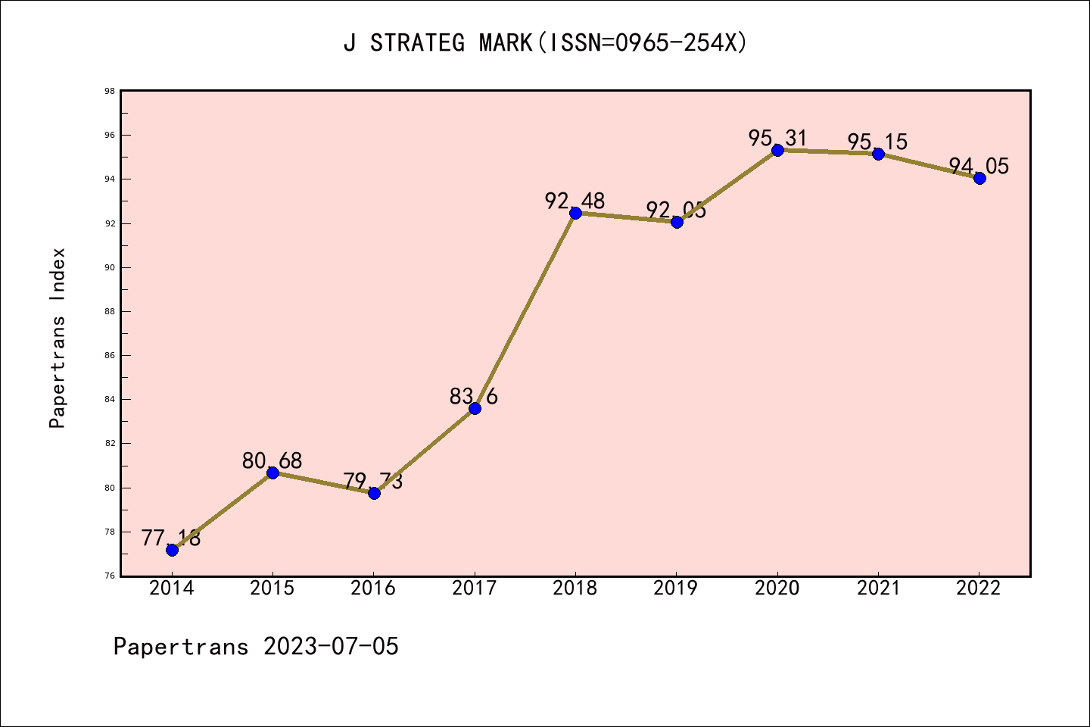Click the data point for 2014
[172, 550]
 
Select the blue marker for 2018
[575, 213]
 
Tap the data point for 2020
[777, 150]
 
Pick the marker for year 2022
[979, 178]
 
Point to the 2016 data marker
[374, 493]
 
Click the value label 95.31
[777, 139]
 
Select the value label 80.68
[272, 460]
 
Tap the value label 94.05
[979, 166]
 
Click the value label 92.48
[575, 201]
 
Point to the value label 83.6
[474, 396]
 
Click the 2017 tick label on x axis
[475, 588]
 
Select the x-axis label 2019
[676, 588]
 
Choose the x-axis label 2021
[878, 588]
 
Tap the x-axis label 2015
[272, 588]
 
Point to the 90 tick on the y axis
[110, 267]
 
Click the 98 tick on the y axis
[110, 92]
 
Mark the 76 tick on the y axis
[110, 576]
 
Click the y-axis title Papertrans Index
[58, 338]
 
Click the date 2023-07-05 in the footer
[331, 647]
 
